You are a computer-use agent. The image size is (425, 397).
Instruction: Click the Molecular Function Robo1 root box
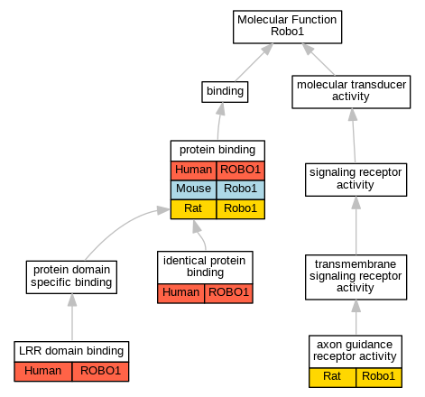coord(287,27)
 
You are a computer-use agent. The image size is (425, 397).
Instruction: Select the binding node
coord(225,92)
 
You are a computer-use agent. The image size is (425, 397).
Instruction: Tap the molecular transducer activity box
coord(351,92)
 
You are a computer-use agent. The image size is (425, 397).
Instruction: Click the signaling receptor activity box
coord(356,180)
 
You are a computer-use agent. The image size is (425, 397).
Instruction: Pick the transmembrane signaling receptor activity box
coord(356,277)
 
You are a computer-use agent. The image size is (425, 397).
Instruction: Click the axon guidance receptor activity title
coord(356,351)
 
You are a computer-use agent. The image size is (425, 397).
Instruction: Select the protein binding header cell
coord(217,151)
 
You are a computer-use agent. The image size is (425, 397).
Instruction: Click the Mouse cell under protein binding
coord(193,189)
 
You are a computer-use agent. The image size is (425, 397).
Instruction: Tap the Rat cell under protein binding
coord(193,209)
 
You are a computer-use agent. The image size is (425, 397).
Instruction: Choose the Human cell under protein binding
coord(193,171)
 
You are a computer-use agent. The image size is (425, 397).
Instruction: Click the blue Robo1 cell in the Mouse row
coord(241,189)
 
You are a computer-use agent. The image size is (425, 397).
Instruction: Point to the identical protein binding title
coord(205,267)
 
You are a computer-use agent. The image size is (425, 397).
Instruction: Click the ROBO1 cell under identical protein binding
coord(228,293)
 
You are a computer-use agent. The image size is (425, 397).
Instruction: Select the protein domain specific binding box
coord(71,277)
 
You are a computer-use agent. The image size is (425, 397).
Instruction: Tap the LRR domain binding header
coord(71,351)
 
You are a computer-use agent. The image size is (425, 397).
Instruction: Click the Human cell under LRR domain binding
coord(43,372)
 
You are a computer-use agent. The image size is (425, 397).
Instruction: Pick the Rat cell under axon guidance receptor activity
coord(332,377)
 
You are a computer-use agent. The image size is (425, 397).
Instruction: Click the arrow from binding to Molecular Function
coord(254,62)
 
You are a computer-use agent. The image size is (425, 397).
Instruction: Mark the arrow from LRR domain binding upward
coord(72,318)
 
